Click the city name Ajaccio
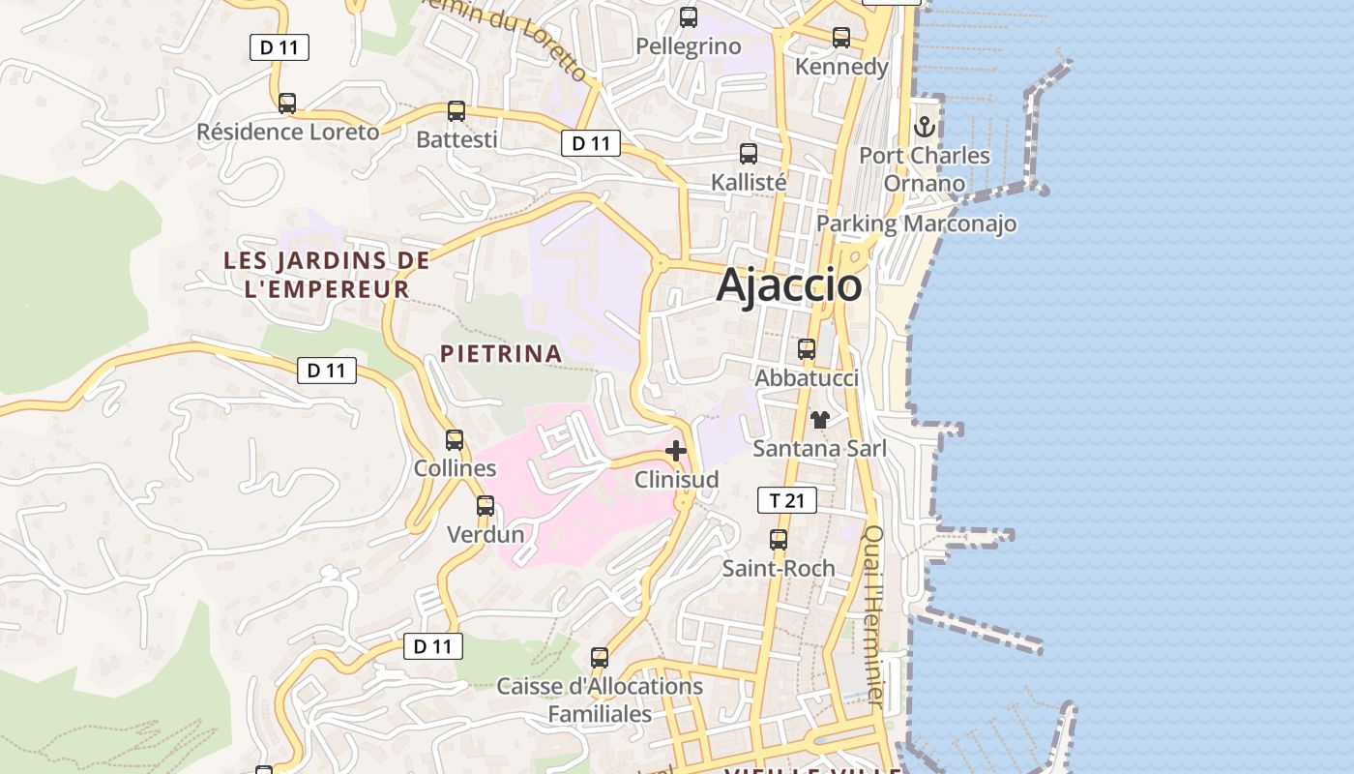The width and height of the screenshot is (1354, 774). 789,285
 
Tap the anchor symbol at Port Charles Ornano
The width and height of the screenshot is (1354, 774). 925,127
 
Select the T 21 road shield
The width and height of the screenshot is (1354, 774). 786,500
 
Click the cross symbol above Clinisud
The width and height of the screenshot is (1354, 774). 676,451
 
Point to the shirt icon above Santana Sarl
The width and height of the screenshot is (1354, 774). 820,420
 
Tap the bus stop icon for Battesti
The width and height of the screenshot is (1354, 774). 456,111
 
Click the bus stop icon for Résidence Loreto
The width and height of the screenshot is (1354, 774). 287,104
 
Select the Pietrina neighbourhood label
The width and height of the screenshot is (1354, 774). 501,354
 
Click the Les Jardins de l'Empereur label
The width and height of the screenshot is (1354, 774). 327,275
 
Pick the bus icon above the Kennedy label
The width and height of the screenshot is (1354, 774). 841,38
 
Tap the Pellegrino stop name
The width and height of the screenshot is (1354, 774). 689,46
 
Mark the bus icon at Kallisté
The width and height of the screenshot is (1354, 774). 749,154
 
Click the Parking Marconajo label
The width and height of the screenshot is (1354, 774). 916,224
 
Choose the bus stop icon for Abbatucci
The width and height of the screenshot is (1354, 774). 807,349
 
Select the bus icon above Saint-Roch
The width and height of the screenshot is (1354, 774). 779,540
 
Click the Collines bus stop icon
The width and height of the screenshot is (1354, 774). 455,440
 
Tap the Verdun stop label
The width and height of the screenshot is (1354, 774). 486,534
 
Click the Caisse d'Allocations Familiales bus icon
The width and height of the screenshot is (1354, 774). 600,658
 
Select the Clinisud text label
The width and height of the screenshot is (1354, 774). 676,480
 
